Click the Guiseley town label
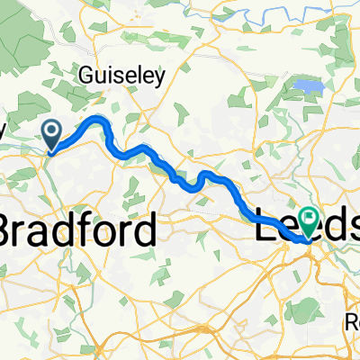pos(122,76)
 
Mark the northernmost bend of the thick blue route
pos(96,117)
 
